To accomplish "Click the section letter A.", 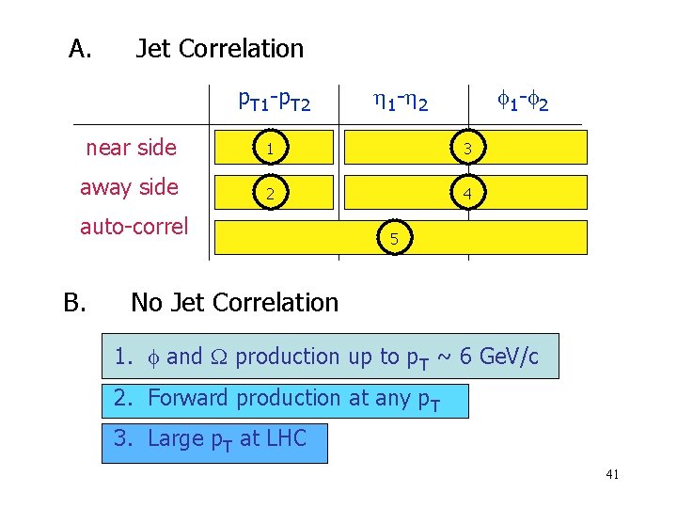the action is click(80, 49).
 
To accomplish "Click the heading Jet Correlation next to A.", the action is click(219, 49).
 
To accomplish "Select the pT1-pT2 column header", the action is click(275, 99).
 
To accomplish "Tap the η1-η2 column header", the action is click(400, 99).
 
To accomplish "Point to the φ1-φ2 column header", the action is click(523, 99).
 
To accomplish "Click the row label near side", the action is click(131, 148).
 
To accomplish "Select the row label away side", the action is click(129, 187).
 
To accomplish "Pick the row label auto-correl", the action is click(134, 227).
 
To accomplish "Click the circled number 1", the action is click(269, 149).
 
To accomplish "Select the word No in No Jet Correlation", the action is click(146, 303).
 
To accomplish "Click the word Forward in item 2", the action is click(188, 398).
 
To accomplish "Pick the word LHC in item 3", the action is click(286, 438).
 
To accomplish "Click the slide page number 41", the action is click(612, 475).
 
